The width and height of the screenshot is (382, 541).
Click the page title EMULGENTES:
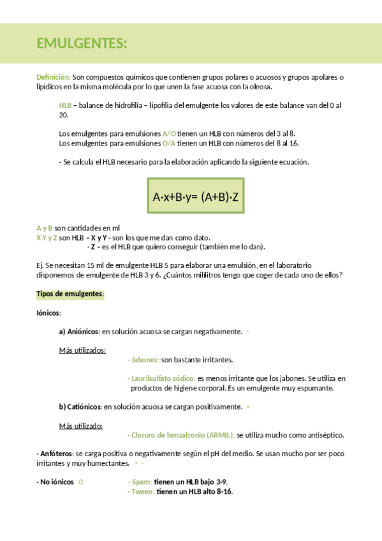coord(82,43)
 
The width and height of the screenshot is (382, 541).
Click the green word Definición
coord(53,77)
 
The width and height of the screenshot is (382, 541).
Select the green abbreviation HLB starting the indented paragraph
coord(65,105)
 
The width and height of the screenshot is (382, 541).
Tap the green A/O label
coord(169,133)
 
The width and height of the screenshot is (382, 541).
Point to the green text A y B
coord(45,228)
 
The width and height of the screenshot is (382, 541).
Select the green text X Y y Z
coord(47,237)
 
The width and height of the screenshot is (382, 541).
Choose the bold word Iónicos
coord(48,313)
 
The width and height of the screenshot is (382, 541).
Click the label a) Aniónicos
coord(78,331)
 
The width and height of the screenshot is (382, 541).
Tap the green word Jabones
coord(144,360)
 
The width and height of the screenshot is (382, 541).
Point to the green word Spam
coord(142,482)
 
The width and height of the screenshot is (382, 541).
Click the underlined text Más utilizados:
coord(82,350)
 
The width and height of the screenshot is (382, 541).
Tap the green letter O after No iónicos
coord(81,482)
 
